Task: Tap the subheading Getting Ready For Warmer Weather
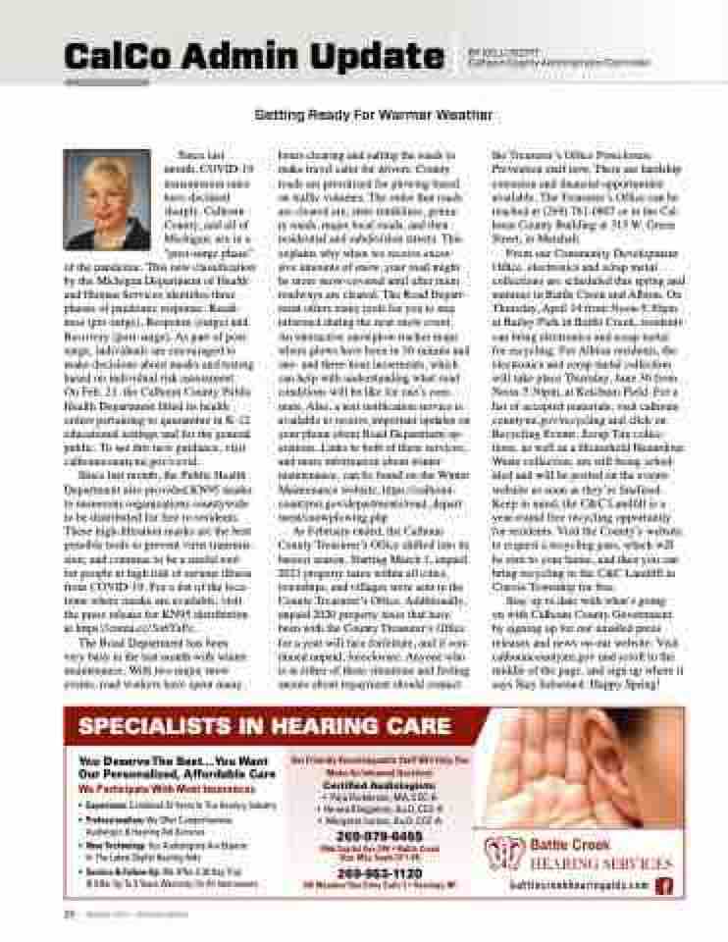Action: (x=373, y=115)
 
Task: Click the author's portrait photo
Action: (x=107, y=199)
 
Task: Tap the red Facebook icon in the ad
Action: (x=664, y=885)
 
